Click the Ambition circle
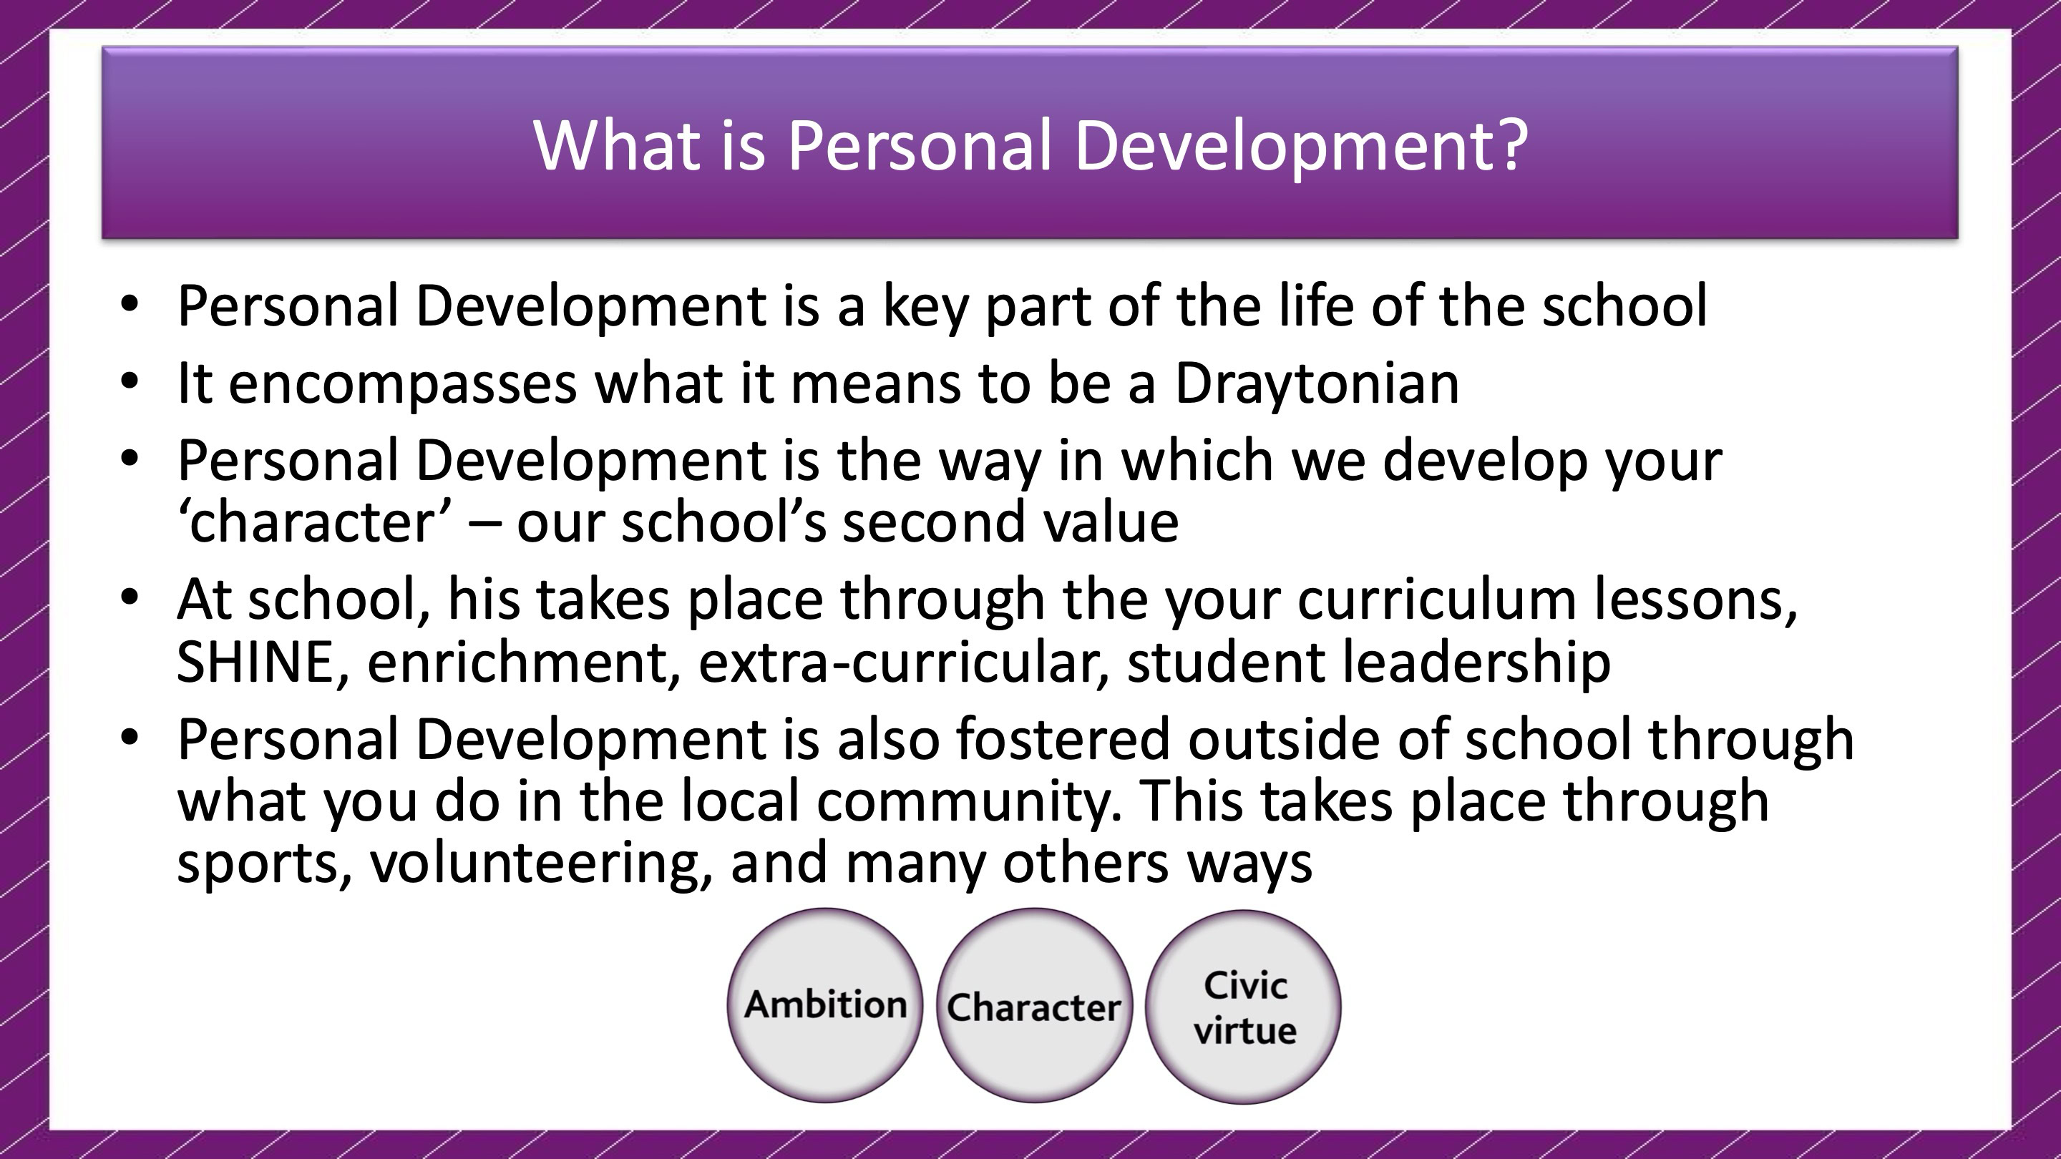point(825,1004)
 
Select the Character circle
point(1033,1005)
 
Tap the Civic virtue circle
point(1243,1006)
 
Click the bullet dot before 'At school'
point(130,597)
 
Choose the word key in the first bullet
point(925,308)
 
